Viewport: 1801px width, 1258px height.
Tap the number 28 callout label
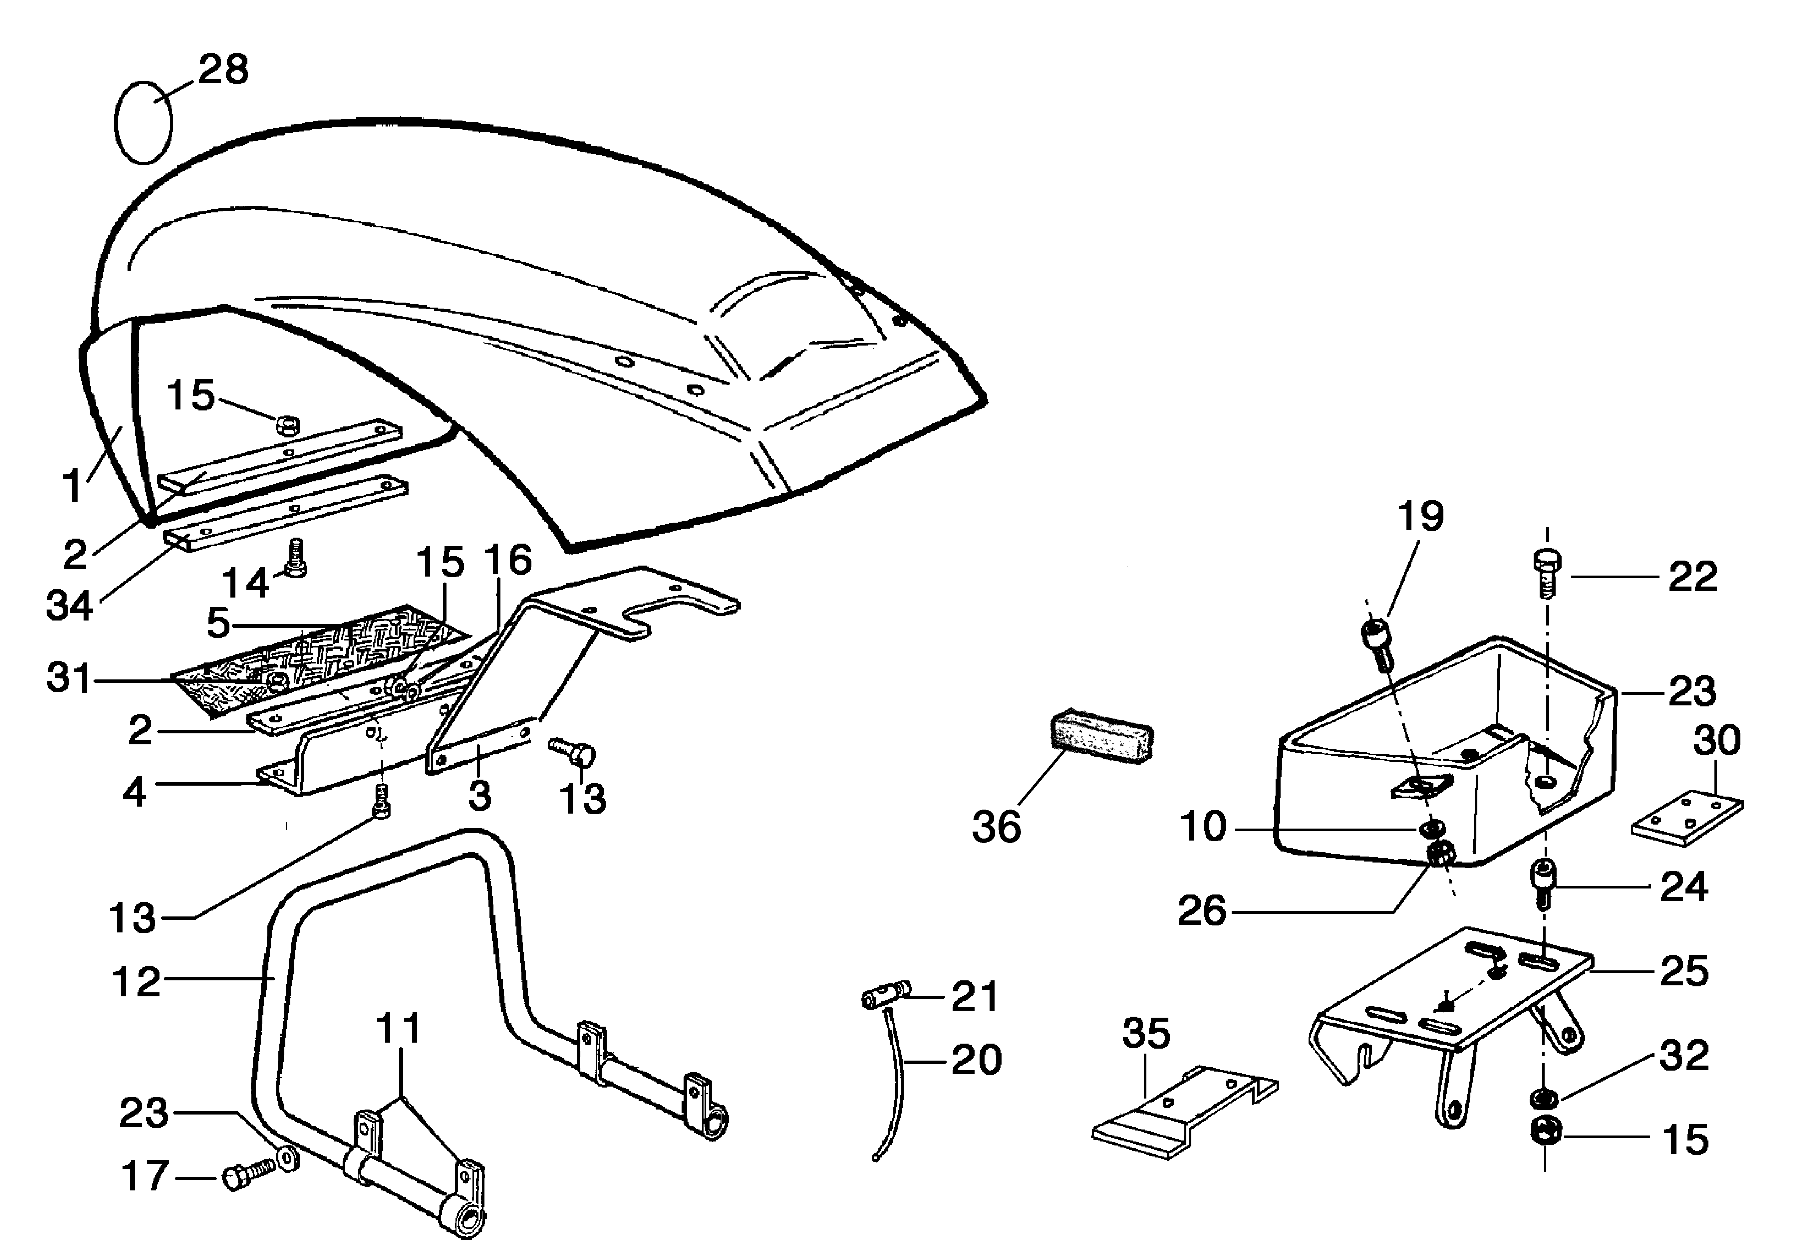point(223,70)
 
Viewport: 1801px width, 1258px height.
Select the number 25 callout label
point(1684,971)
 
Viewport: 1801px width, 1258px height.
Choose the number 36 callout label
point(996,827)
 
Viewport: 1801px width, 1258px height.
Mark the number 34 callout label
point(70,606)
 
